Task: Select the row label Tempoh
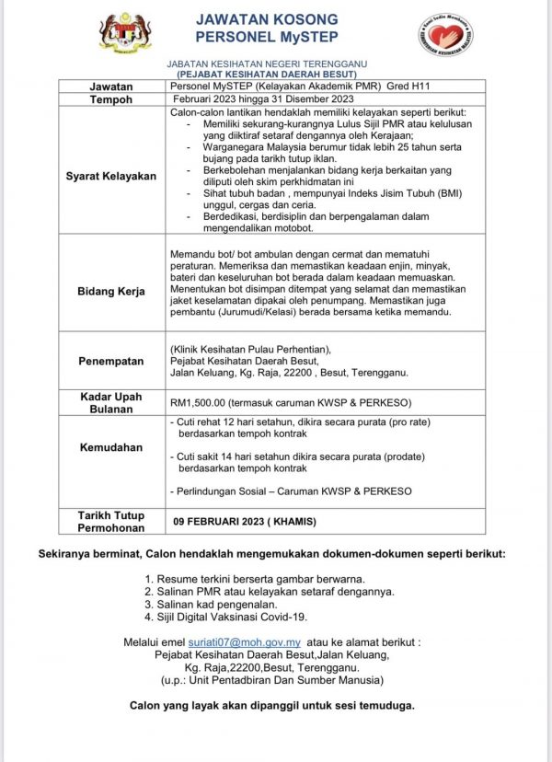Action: coord(111,98)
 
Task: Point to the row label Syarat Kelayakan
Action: coord(111,176)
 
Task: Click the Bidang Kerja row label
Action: coord(111,291)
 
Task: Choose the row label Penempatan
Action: coord(111,361)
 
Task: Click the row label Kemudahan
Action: coord(111,446)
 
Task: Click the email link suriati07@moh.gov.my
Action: coord(261,641)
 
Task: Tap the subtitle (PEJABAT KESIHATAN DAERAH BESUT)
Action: coord(266,73)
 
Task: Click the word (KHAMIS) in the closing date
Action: coord(294,521)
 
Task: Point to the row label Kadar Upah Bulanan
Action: coord(111,402)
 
